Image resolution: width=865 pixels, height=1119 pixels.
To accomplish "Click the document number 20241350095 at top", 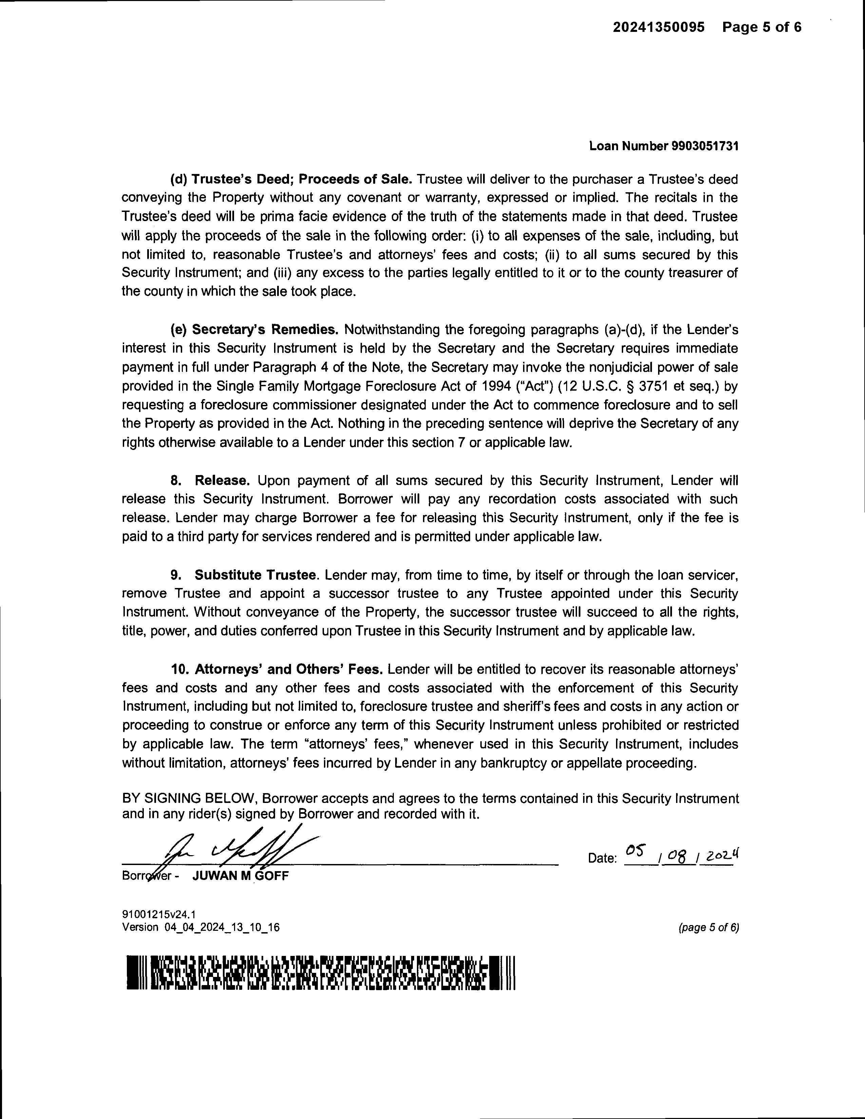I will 658,27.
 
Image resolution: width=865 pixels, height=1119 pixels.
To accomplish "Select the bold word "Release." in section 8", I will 223,480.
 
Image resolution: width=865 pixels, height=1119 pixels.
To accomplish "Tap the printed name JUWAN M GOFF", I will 241,876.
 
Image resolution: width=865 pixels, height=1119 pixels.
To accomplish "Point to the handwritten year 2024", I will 720,855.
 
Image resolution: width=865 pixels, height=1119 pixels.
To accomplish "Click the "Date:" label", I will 602,859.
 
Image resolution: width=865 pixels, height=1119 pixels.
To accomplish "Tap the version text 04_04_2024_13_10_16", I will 222,927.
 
